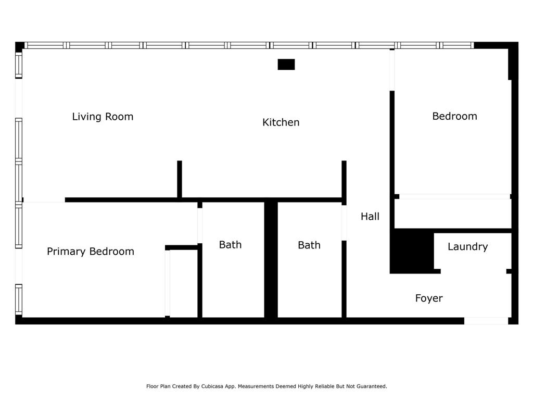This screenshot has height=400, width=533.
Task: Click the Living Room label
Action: (x=103, y=117)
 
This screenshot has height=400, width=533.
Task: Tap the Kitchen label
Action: (x=281, y=122)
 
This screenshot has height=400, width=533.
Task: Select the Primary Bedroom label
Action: (x=91, y=252)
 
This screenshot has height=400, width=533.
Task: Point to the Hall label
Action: (x=370, y=216)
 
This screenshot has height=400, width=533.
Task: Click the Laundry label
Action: (x=468, y=246)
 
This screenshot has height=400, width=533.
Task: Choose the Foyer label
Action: (x=429, y=298)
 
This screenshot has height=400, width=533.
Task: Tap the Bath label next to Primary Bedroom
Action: (x=230, y=245)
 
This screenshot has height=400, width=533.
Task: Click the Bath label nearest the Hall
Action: (x=309, y=245)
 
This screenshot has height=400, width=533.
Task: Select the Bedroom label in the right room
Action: (x=454, y=116)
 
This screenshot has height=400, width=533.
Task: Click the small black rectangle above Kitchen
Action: (x=286, y=64)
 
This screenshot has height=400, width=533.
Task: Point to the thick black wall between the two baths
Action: (x=271, y=260)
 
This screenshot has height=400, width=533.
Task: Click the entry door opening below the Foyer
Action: (x=486, y=321)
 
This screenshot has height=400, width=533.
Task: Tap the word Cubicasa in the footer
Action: (x=213, y=386)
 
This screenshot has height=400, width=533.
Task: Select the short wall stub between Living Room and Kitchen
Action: (x=180, y=179)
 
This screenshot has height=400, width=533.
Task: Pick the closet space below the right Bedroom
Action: (x=453, y=214)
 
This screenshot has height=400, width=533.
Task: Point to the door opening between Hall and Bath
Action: (x=344, y=223)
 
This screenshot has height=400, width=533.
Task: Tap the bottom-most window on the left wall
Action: (x=19, y=299)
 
